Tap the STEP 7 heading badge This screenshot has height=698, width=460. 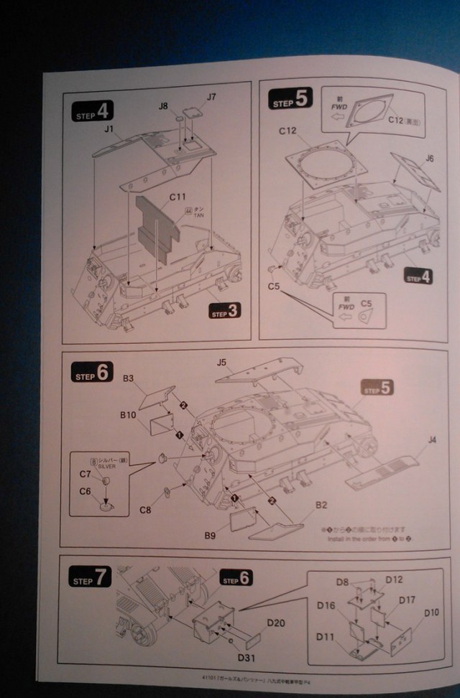click(x=91, y=578)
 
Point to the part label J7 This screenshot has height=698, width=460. click(x=211, y=96)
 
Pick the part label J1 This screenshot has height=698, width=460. click(x=109, y=129)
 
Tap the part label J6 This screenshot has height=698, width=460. click(x=430, y=158)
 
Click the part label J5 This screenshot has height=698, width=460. click(x=222, y=363)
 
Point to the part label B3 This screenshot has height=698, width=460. click(x=129, y=378)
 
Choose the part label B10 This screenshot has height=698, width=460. click(x=129, y=415)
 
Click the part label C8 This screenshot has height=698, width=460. click(x=146, y=510)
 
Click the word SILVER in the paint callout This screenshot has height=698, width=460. click(x=103, y=465)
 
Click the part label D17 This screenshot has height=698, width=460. click(x=407, y=600)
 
